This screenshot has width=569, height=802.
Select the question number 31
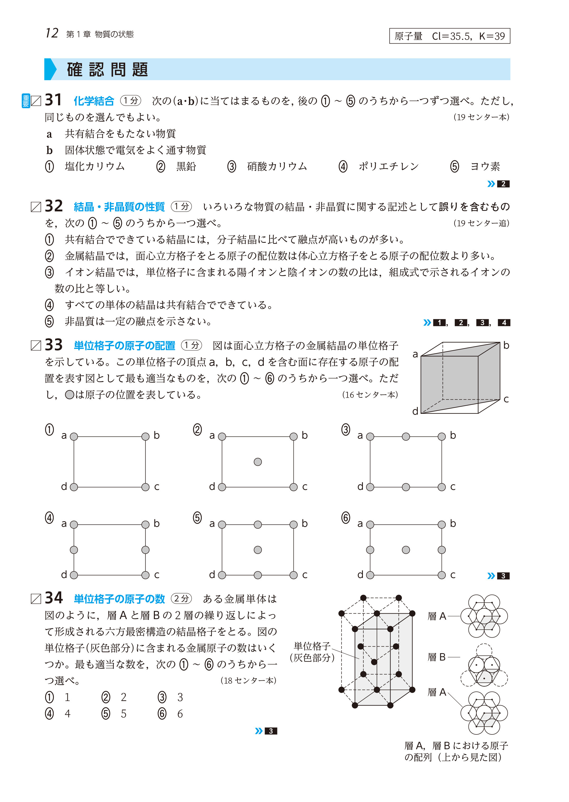(x=53, y=100)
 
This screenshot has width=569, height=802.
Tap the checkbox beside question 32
(x=36, y=207)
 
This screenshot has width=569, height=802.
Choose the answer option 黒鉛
(x=186, y=167)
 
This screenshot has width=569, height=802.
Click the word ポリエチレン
(x=388, y=167)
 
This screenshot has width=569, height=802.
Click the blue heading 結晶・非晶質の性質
(x=119, y=207)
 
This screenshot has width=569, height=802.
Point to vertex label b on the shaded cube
(x=506, y=345)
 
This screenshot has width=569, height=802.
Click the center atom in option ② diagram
(x=258, y=462)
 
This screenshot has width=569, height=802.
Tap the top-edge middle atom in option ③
(x=406, y=436)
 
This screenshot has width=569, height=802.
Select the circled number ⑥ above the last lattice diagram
(x=345, y=518)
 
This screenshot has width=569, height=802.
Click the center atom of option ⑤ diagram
(x=258, y=550)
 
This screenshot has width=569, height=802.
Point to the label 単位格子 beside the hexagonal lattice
(x=312, y=646)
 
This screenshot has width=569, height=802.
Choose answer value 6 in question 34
(x=180, y=714)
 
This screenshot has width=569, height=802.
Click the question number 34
(x=54, y=598)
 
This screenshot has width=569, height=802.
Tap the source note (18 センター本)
(x=248, y=680)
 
